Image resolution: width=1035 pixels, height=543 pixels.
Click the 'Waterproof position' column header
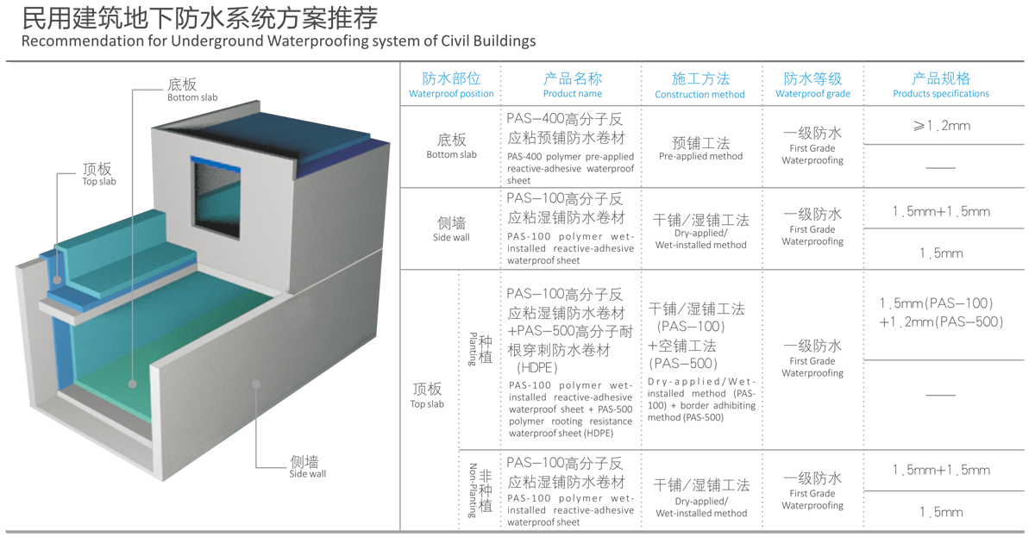coord(451,85)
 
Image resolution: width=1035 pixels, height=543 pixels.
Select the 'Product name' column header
coord(573,85)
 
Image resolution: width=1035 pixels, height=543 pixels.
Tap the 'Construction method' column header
coord(699,85)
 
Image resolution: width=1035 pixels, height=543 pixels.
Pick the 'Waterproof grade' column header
coord(812,85)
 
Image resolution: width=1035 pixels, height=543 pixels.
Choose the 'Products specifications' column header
coord(941,85)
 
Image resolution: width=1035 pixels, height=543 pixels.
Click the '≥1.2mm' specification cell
coord(941,126)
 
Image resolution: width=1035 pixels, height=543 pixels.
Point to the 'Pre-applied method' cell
coord(700,148)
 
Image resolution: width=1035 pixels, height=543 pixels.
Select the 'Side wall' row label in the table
coord(451,228)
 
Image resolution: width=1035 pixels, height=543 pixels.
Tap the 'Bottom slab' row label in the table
coord(451,146)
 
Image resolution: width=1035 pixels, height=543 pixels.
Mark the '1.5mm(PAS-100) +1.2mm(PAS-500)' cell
coord(941,313)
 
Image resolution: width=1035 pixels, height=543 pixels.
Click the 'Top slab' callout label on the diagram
coord(97,174)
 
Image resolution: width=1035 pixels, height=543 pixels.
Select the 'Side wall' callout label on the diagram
coord(307,466)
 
